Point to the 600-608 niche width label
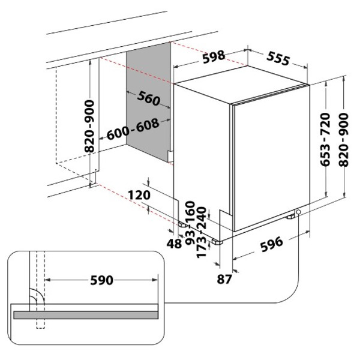click(x=133, y=128)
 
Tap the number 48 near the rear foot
click(x=175, y=244)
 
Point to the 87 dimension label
click(x=224, y=279)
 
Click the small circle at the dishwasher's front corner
click(x=298, y=217)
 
